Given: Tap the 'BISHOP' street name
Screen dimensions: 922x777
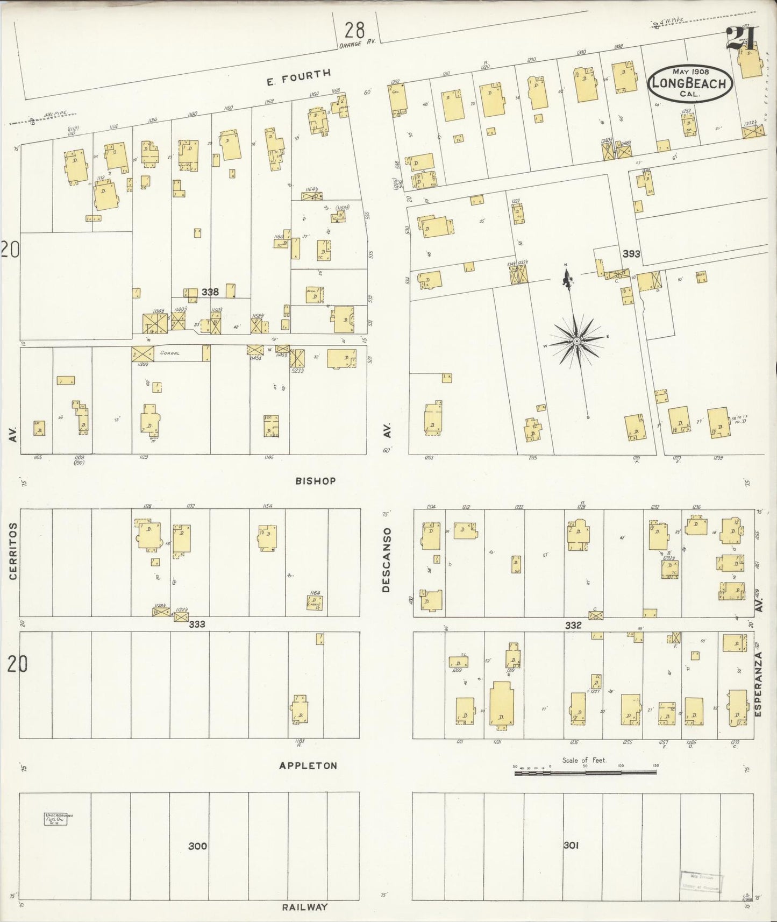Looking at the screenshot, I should tap(316, 481).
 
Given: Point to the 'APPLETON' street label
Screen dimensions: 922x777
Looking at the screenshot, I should tap(308, 765).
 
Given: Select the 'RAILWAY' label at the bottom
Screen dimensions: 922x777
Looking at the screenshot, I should tap(305, 907).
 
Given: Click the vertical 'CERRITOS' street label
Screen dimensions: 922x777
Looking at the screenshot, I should tap(13, 551).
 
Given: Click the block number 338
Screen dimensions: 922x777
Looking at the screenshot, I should tap(210, 292).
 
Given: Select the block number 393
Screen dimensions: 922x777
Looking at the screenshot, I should tap(631, 253).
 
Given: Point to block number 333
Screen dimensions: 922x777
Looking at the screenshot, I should tap(197, 624).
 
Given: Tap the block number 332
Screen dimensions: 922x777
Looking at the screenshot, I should tap(573, 625).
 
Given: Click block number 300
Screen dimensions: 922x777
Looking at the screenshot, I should tap(197, 846).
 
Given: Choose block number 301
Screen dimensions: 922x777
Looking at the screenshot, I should tap(571, 845).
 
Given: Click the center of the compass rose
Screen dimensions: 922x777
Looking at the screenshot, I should tap(576, 341).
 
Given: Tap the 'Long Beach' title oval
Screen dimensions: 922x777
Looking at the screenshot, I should tap(690, 83).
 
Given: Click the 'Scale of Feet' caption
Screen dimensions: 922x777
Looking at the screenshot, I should tap(584, 760).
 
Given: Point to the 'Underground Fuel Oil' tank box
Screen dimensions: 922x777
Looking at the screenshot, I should tap(56, 819).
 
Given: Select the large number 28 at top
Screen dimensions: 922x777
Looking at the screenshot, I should tap(355, 29).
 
